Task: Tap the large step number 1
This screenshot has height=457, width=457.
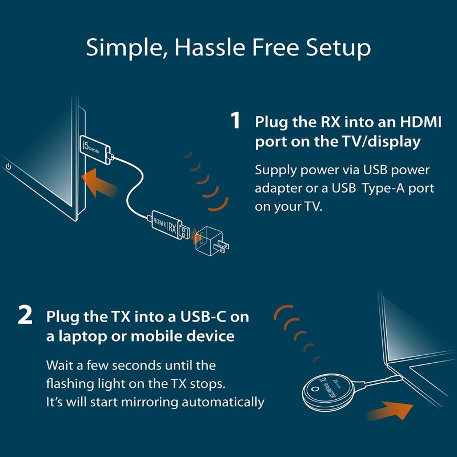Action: (235, 122)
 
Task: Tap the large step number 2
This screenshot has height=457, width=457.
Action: (25, 316)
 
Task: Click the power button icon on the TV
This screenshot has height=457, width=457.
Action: (9, 167)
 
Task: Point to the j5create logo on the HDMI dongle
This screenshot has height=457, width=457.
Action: (87, 151)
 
